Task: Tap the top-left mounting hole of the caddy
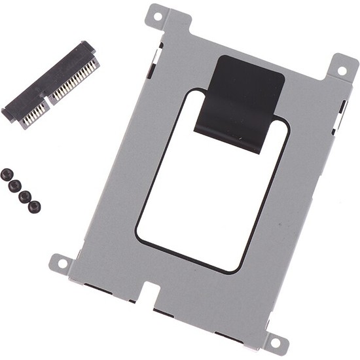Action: [156, 12]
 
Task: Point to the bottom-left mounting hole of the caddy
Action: [62, 263]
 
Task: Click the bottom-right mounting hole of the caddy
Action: [275, 342]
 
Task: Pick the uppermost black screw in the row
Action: [7, 175]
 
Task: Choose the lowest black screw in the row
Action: [34, 207]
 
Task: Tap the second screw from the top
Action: [15, 186]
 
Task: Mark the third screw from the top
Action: [25, 196]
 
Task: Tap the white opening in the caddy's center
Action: [209, 196]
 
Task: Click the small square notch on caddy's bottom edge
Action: [151, 288]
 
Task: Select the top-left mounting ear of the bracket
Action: [158, 14]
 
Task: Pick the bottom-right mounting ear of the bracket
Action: [275, 340]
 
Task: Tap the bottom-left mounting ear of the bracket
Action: [62, 262]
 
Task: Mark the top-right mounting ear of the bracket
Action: [342, 67]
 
